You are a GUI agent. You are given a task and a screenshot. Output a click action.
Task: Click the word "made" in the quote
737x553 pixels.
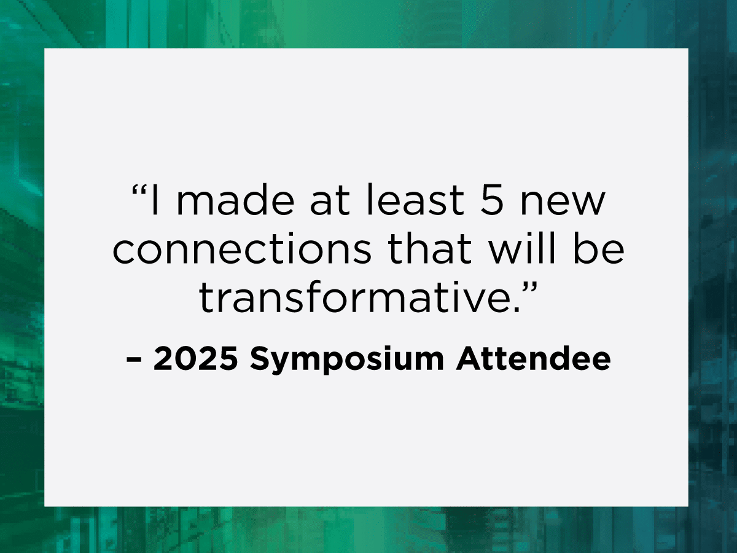[x=235, y=200]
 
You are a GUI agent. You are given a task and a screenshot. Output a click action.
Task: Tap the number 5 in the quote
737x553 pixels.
[x=492, y=200]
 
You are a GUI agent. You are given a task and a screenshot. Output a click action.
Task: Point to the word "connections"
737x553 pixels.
[x=242, y=248]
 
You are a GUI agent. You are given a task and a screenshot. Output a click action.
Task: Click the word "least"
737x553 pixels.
[x=416, y=200]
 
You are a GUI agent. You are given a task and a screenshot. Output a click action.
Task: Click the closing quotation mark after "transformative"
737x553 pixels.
[x=530, y=288]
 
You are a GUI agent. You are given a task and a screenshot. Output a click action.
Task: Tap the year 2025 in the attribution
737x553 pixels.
[x=195, y=359]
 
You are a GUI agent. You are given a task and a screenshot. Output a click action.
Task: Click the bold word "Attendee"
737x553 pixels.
[x=533, y=358]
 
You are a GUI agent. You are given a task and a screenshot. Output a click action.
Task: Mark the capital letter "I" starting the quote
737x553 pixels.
[x=155, y=200]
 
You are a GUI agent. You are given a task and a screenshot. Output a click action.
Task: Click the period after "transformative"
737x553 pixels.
[x=517, y=310]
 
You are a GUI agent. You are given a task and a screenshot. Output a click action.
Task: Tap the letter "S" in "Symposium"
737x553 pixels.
[x=260, y=359]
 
